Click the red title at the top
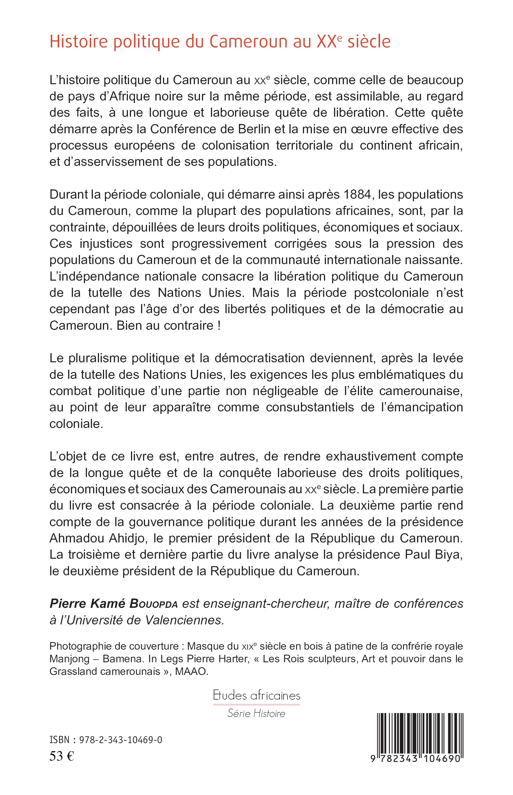coord(220,42)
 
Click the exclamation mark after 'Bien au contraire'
coord(218,325)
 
